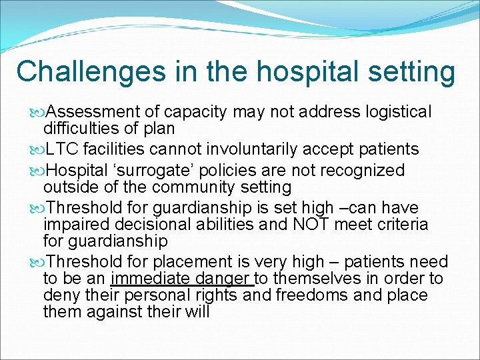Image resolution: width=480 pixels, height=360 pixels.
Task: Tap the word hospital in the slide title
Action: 284,72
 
